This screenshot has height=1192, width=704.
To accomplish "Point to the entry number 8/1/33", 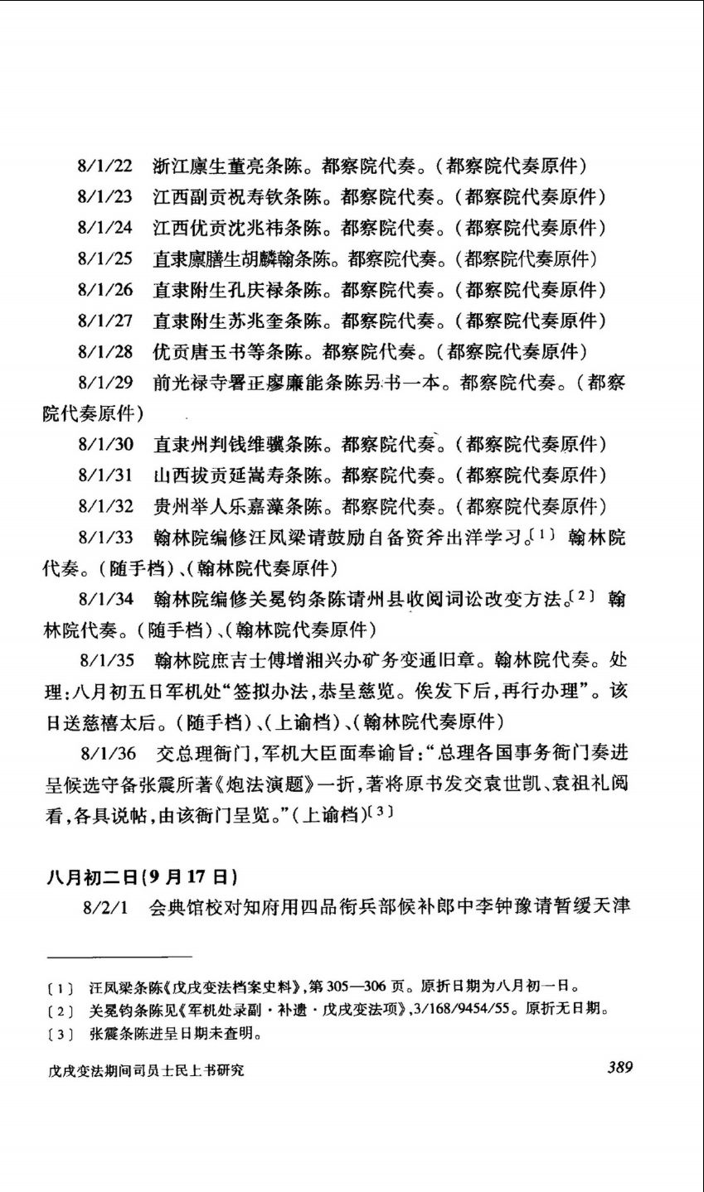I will (105, 537).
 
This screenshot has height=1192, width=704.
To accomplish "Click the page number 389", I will (619, 1067).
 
